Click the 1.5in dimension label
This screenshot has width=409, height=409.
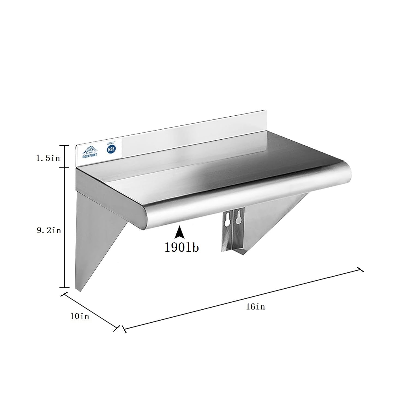[x=48, y=158]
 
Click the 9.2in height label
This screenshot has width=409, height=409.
[x=49, y=230]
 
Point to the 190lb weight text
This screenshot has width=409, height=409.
[x=182, y=247]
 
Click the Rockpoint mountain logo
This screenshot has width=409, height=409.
[x=90, y=151]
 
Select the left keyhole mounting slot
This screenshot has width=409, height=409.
[x=226, y=219]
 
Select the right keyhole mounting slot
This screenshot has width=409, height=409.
[x=239, y=217]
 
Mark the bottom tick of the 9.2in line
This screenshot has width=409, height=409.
[x=64, y=287]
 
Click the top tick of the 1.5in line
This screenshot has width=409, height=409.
[x=64, y=146]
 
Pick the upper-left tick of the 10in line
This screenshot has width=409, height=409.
[x=64, y=295]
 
